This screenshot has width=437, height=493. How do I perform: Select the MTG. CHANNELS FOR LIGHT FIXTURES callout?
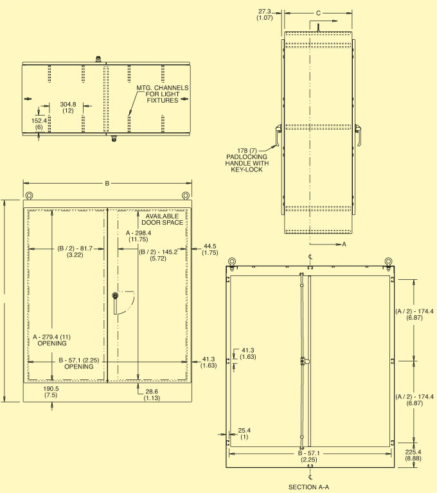(x=162, y=94)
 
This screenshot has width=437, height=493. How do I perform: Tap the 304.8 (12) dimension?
(x=68, y=107)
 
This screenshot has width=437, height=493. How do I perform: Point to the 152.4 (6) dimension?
(x=39, y=123)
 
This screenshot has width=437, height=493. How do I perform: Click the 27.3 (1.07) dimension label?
(x=265, y=15)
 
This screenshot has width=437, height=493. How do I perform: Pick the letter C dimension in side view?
(x=319, y=12)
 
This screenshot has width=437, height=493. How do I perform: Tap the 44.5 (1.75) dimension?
(x=210, y=249)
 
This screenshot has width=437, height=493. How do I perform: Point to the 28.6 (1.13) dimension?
(x=152, y=395)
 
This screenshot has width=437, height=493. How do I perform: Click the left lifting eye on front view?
(x=29, y=196)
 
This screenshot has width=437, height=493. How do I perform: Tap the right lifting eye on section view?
(x=388, y=261)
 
